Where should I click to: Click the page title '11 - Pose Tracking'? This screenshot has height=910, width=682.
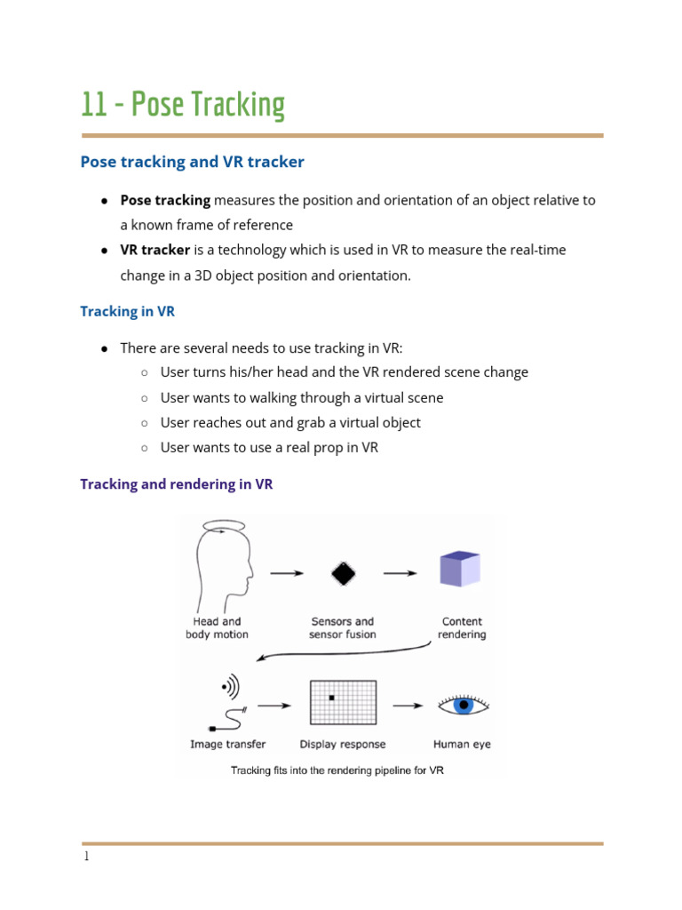point(183,104)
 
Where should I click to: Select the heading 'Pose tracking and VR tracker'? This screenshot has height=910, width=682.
point(192,162)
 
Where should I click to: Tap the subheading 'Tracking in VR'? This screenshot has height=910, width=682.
point(127,311)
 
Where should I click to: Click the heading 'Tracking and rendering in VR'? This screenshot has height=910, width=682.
point(176,484)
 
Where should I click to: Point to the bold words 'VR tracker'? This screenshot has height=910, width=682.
point(155,250)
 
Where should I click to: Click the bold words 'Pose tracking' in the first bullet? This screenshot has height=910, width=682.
point(165,200)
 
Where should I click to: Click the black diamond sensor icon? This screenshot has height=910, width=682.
point(343,573)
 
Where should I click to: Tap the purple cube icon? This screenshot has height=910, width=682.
point(460,570)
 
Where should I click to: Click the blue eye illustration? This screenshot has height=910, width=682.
point(462,706)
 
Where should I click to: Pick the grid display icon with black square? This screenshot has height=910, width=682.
point(343,703)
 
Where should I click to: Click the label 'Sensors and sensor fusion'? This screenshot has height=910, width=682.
point(343,628)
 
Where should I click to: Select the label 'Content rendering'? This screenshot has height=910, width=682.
point(462,628)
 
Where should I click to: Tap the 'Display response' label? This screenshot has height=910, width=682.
point(343,744)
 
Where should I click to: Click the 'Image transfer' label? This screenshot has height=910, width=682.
point(227,744)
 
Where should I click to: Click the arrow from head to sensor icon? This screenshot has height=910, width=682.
point(286,573)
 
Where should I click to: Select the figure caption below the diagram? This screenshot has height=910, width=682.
point(337,770)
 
